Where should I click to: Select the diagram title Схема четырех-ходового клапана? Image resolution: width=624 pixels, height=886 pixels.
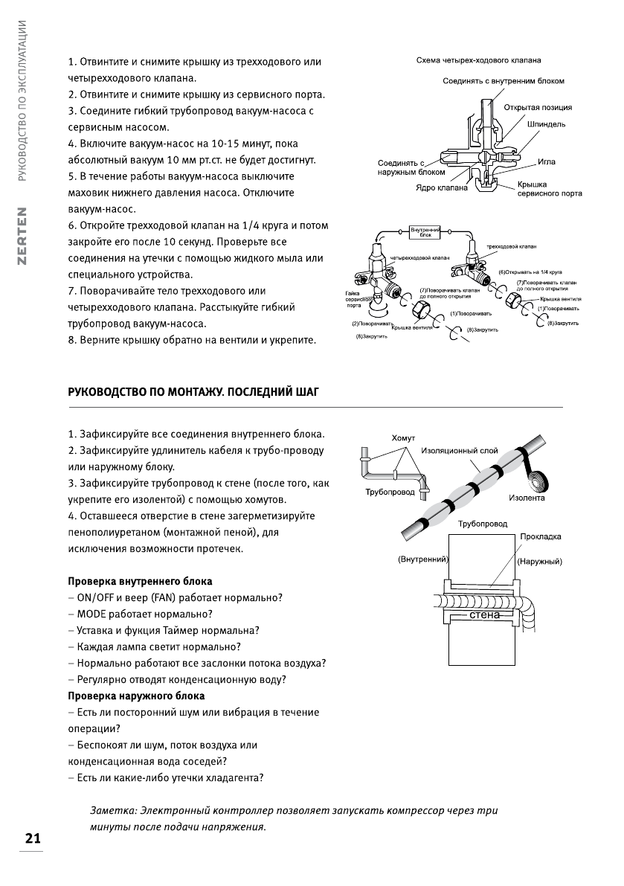477,60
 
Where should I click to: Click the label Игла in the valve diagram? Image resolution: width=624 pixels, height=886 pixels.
546,161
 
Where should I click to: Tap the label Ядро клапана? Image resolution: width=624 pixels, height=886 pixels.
441,188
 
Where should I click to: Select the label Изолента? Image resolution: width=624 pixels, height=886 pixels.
527,498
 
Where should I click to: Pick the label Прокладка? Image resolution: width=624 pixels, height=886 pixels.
541,536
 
